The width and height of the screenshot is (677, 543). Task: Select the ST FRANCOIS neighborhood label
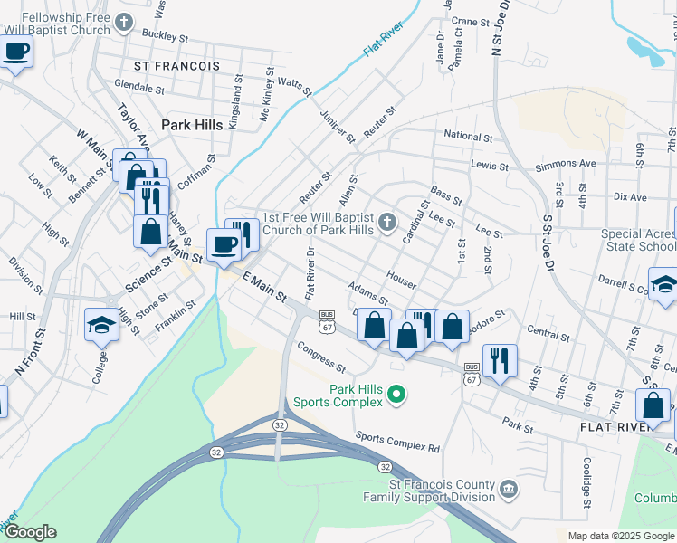pos(176,66)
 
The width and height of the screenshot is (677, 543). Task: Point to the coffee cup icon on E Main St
pos(224,243)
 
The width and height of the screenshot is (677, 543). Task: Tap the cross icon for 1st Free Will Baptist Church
pos(386,222)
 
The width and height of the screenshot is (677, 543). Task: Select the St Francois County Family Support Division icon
pos(509,490)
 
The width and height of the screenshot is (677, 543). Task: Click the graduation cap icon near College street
pos(101,323)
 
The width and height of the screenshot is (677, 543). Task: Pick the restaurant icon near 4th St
pos(500,359)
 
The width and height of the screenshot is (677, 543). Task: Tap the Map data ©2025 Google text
pos(620,536)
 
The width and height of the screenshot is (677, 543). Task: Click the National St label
pos(468,137)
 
